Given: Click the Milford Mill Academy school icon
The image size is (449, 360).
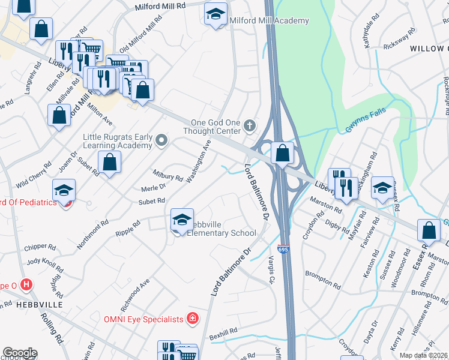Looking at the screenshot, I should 215,14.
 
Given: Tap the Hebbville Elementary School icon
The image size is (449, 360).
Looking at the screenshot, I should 182,221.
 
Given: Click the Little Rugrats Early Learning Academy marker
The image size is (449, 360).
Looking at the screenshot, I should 161,141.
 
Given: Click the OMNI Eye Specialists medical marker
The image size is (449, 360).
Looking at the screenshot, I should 193,318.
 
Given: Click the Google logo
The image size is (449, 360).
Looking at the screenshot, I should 19,353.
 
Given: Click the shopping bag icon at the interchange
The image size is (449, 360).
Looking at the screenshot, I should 282,154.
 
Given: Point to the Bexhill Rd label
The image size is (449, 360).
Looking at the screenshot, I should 224,332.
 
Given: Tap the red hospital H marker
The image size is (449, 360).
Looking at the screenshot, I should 26,284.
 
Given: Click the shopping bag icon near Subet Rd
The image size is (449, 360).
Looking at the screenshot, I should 110,162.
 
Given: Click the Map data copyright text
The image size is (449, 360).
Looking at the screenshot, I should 424,355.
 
